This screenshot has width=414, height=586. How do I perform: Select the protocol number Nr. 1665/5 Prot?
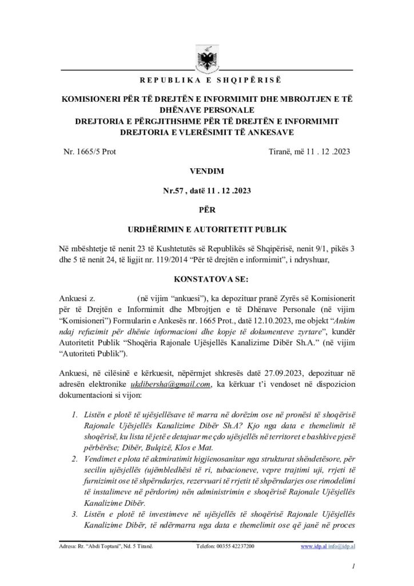[x=91, y=152]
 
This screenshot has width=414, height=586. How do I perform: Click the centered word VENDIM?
[x=206, y=171]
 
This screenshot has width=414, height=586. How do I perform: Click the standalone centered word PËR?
[x=206, y=210]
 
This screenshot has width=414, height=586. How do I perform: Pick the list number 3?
[x=75, y=513]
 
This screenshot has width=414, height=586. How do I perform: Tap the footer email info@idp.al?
[x=341, y=547]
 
